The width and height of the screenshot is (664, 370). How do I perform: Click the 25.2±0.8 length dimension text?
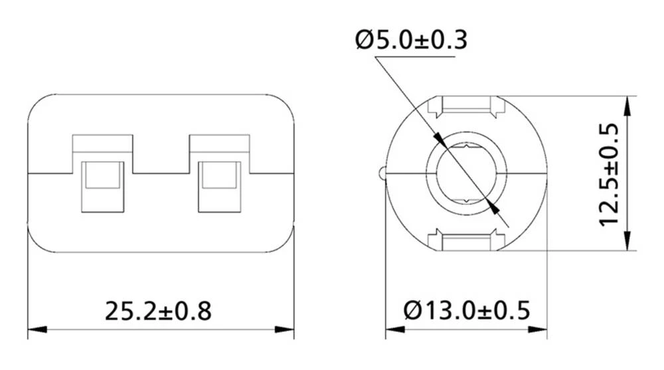158,310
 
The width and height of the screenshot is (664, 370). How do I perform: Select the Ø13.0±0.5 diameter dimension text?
466,310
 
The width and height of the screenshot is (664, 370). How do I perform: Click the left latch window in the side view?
102,186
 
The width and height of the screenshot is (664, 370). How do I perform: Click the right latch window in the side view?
220,186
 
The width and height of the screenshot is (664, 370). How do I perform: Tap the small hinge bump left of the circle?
381,173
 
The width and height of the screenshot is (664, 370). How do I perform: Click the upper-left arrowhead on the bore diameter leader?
440,138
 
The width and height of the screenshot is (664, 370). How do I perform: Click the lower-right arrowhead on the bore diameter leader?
492,207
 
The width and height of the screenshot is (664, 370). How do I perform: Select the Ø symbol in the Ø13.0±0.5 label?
413,310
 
